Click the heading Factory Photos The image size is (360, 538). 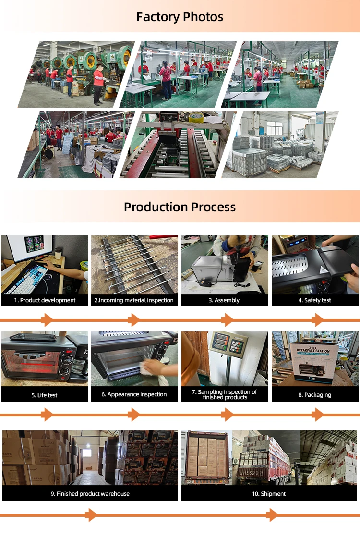tap(180, 17)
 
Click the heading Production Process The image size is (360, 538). tap(180, 207)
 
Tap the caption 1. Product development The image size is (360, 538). tap(44, 300)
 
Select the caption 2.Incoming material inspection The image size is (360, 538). tap(134, 300)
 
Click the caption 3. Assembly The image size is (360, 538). tap(224, 300)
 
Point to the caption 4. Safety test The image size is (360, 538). tap(314, 300)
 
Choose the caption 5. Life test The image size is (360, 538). tap(44, 395)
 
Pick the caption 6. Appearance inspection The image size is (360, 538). tap(134, 394)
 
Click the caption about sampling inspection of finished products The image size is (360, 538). tap(225, 394)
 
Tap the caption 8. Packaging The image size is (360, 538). tap(314, 395)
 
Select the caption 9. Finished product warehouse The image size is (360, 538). tap(90, 493)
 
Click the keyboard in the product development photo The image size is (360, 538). tap(26, 278)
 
